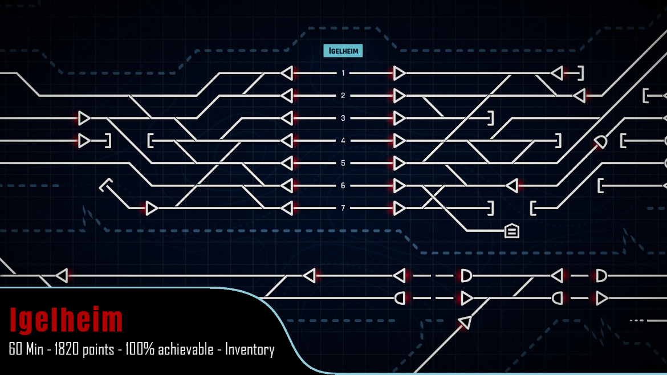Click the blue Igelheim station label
343,51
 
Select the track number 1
343,73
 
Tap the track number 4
343,141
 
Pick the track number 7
343,209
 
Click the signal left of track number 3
287,118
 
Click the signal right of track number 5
399,163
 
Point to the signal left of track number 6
287,186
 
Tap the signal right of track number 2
399,96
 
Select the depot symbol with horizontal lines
512,231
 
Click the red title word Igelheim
66,320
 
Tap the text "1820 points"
84,349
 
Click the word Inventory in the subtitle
250,349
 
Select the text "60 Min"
26,349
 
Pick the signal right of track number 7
399,209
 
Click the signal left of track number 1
287,73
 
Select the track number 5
343,163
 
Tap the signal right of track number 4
399,141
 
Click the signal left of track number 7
287,209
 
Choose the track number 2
343,96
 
